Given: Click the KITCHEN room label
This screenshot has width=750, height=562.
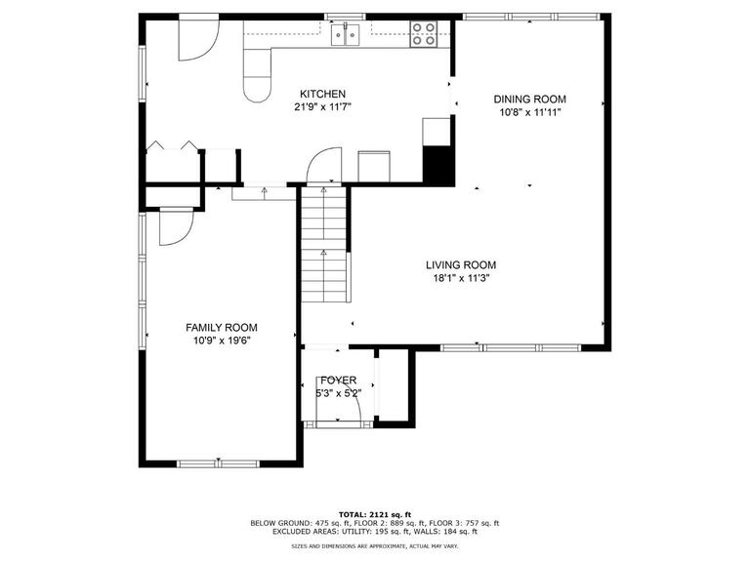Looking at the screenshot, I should tap(323, 94).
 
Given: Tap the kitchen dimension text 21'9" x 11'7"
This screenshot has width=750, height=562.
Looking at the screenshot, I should tap(323, 106).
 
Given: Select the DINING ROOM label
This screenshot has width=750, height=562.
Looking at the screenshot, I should tap(529, 100).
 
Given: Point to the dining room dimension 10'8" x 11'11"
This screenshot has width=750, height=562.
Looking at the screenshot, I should tap(529, 112).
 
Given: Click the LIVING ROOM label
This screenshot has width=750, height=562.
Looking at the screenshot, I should tap(460, 264).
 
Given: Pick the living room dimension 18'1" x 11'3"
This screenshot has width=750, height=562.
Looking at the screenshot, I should tap(460, 277).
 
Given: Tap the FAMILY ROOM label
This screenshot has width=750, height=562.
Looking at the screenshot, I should tap(222, 328).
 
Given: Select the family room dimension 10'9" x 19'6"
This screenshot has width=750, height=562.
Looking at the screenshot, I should tap(222, 341).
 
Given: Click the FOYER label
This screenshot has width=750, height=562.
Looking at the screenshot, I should tap(338, 380).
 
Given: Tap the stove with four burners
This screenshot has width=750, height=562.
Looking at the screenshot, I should tap(424, 34).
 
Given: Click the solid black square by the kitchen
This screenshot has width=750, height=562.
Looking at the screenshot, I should tap(437, 163).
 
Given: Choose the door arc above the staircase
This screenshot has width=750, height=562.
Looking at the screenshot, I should tap(323, 166).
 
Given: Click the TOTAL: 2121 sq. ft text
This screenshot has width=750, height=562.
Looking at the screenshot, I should tap(374, 513).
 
